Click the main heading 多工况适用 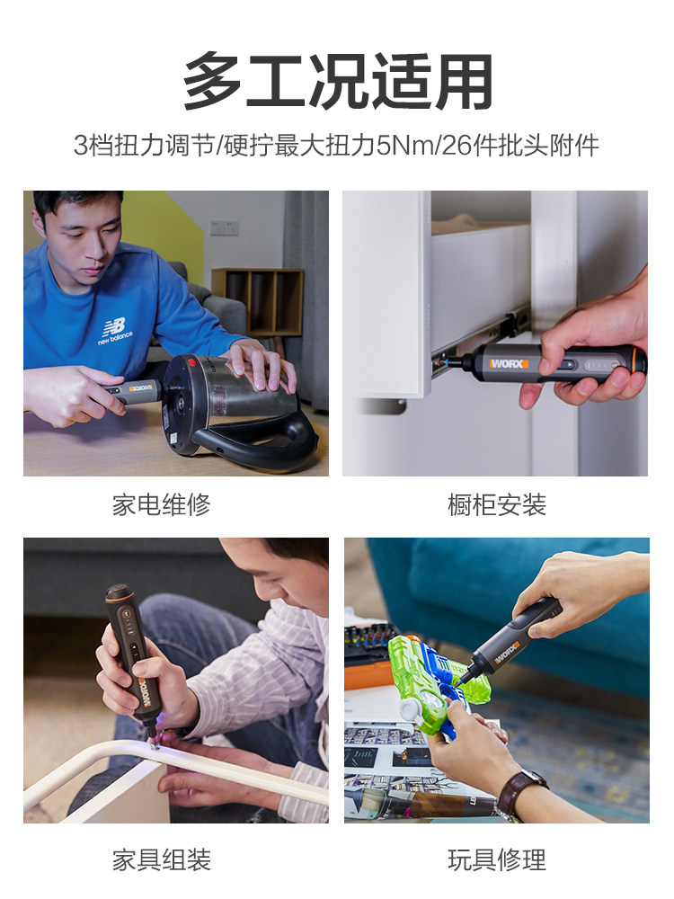pyautogui.click(x=337, y=82)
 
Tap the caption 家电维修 pyautogui.click(x=161, y=505)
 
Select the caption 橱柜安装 pyautogui.click(x=496, y=505)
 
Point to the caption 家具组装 pyautogui.click(x=161, y=860)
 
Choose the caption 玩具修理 pyautogui.click(x=496, y=860)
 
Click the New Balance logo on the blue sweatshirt pyautogui.click(x=115, y=332)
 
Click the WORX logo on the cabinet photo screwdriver pyautogui.click(x=507, y=363)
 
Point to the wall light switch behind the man pyautogui.click(x=224, y=227)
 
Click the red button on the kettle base pyautogui.click(x=192, y=363)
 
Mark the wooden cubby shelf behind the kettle pyautogui.click(x=258, y=302)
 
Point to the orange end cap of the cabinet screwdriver pyautogui.click(x=640, y=361)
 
